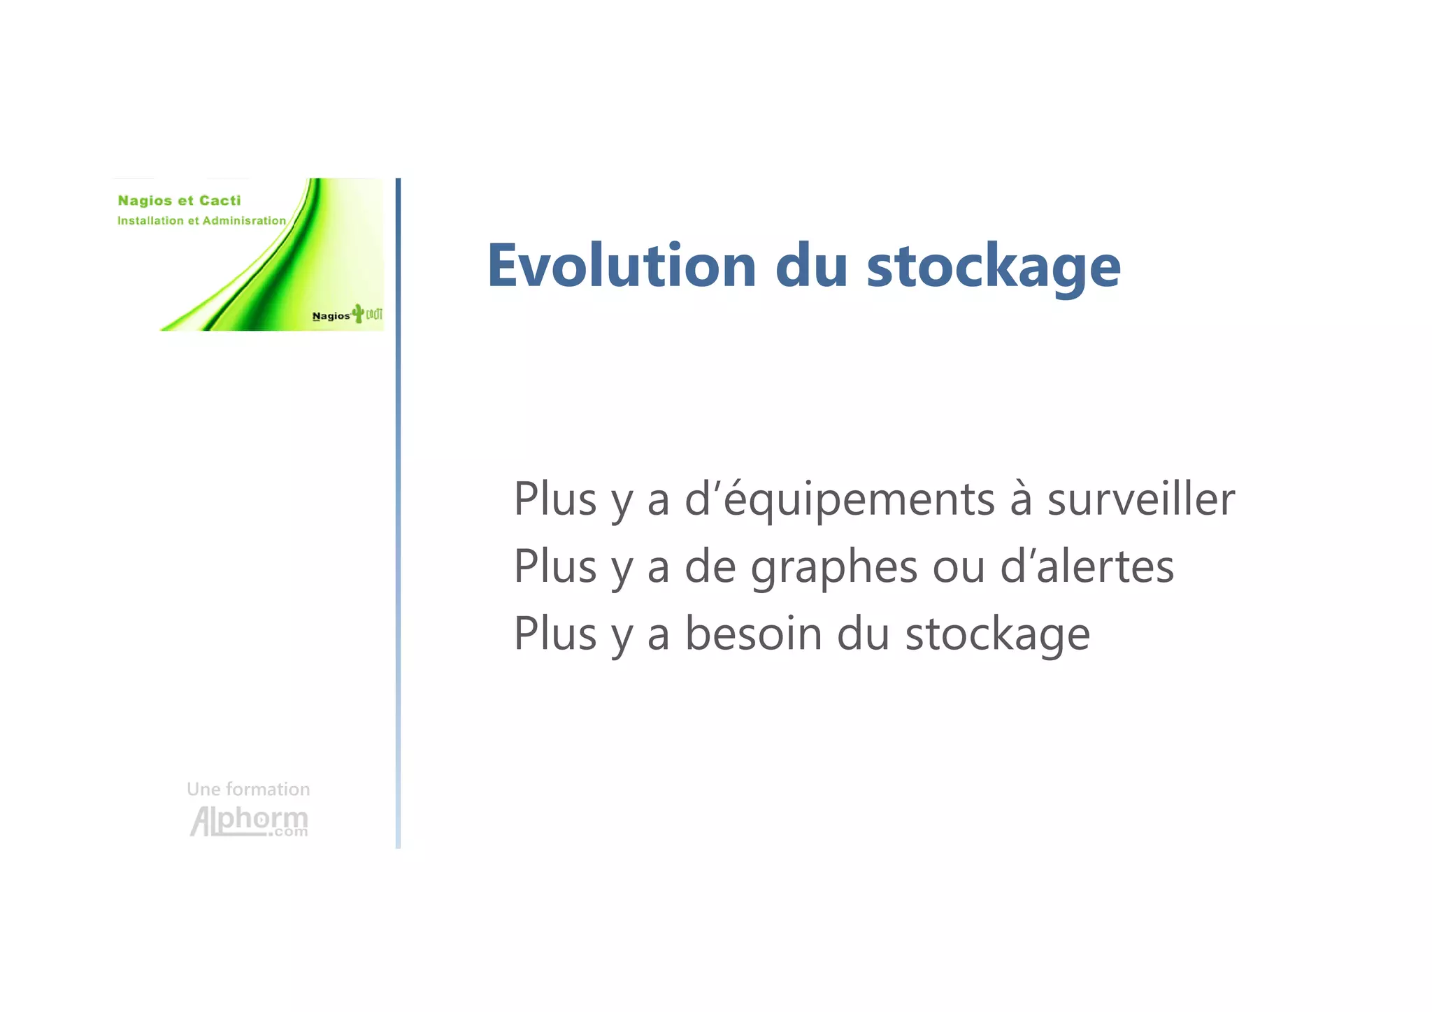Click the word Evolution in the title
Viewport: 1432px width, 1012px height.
pos(621,265)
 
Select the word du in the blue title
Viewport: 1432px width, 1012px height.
pos(811,265)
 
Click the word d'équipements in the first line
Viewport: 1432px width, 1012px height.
pos(839,500)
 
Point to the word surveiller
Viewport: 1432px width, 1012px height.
pos(1140,499)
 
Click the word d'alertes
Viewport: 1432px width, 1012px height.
pos(1087,566)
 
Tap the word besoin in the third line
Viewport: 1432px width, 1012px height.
pos(753,634)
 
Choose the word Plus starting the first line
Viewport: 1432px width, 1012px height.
pos(555,499)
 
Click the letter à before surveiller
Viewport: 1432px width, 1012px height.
pos(1021,499)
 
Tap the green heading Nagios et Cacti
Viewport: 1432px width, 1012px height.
pos(179,201)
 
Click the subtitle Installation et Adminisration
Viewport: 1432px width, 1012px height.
pos(201,221)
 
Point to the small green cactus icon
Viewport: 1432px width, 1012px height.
pos(358,313)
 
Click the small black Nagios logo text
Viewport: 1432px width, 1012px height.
pos(331,316)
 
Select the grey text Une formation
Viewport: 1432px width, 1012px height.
pos(248,789)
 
